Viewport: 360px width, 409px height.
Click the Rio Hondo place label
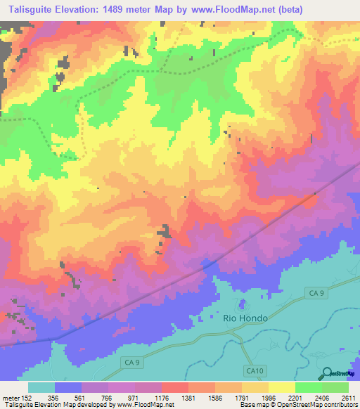pos(245,318)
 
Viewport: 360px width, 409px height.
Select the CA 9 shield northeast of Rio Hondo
pos(316,292)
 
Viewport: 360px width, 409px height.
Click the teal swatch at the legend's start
pos(41,387)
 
